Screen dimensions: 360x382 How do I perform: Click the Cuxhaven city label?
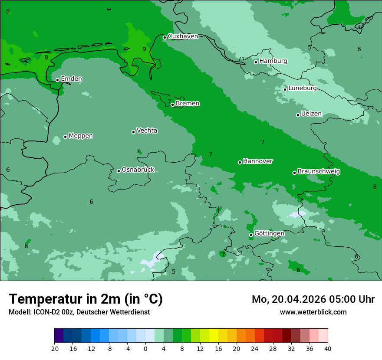[183, 36]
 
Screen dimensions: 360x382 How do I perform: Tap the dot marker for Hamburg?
[256, 62]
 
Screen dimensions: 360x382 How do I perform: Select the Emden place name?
[71, 79]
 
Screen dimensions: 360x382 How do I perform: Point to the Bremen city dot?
[172, 105]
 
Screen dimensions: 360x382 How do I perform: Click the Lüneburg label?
[302, 88]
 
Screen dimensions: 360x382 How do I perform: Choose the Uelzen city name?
[311, 114]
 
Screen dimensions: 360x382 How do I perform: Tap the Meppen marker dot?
[65, 137]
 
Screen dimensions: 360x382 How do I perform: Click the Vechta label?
[147, 131]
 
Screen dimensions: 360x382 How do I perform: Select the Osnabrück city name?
[138, 170]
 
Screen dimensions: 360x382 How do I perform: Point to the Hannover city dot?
[240, 162]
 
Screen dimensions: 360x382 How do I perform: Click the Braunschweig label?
[319, 172]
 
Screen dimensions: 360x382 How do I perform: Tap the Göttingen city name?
[269, 234]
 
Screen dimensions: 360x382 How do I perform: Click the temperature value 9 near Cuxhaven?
[144, 49]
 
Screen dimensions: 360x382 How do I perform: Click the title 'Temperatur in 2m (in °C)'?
[86, 299]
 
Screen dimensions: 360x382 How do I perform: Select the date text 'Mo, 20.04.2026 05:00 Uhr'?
[313, 299]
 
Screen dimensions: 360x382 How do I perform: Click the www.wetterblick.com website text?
[313, 312]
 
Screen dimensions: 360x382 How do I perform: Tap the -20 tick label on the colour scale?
[54, 348]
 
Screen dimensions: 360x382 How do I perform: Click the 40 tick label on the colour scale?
[328, 348]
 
